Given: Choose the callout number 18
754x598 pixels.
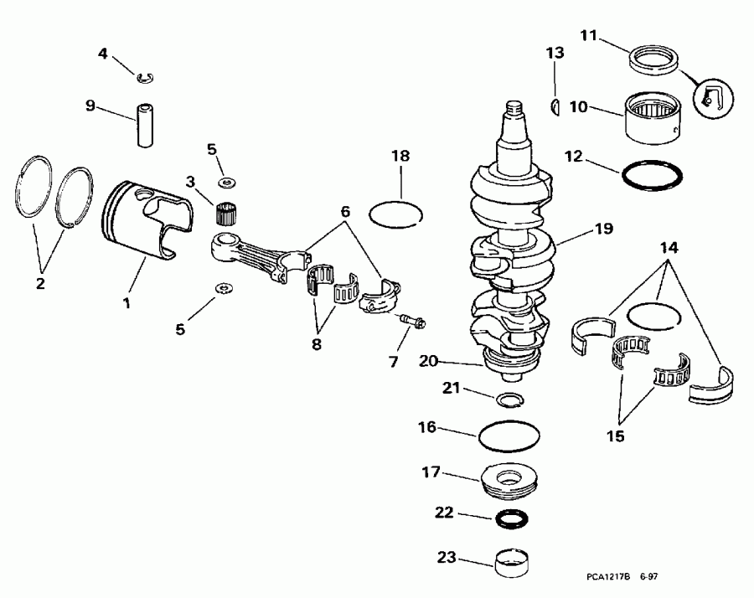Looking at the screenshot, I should (x=400, y=157).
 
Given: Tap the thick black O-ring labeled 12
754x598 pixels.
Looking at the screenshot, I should (x=651, y=176).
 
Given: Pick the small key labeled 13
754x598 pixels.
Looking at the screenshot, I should (x=556, y=106).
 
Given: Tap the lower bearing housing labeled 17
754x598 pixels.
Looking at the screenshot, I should (x=509, y=485).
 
